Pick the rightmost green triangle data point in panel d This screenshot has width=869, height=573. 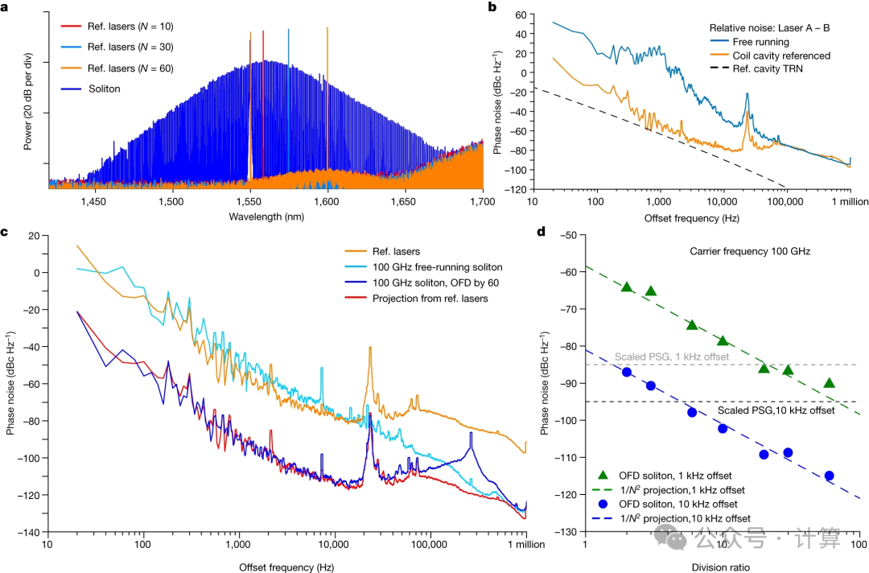pos(829,383)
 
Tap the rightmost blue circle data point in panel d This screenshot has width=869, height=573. pos(829,476)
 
